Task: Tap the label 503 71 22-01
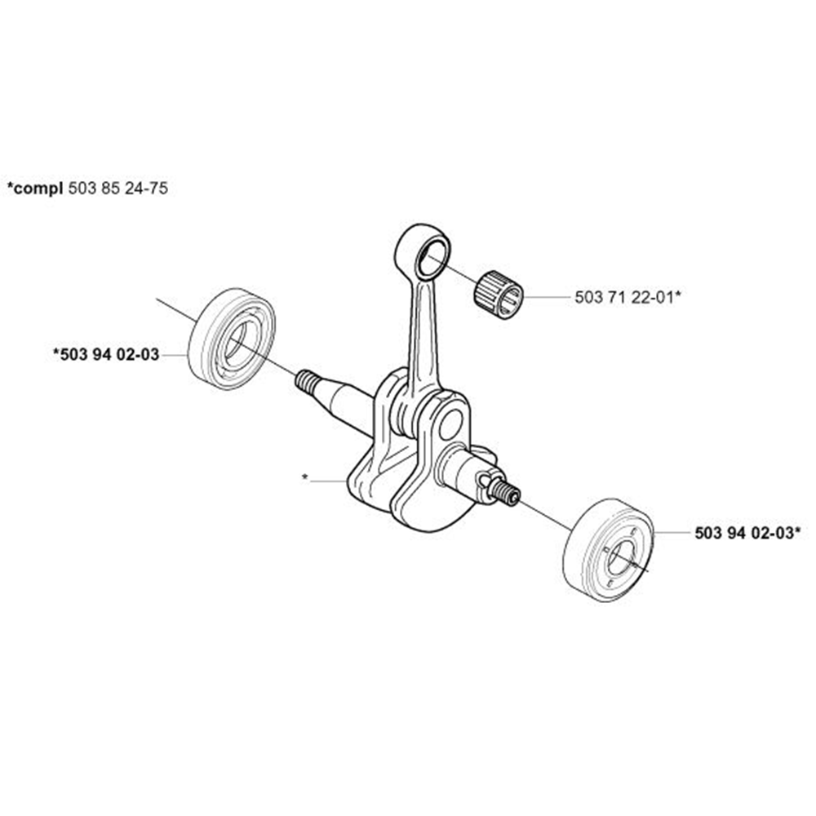click(x=623, y=298)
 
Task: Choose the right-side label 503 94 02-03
click(x=743, y=533)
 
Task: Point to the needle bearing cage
click(x=499, y=293)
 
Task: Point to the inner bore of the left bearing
click(x=239, y=342)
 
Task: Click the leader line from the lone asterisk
click(x=330, y=481)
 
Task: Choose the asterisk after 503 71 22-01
click(x=678, y=295)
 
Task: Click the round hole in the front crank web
click(x=450, y=422)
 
